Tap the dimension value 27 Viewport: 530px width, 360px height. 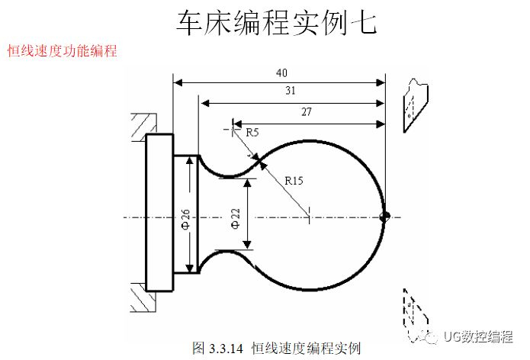coord(307,112)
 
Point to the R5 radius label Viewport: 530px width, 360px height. coord(252,132)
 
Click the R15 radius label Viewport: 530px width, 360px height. coord(294,181)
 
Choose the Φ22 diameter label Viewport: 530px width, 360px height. coord(236,218)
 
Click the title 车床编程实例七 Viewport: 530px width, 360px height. coord(276,24)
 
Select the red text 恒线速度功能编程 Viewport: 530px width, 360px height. coord(62,51)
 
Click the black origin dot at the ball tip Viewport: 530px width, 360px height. coord(384,216)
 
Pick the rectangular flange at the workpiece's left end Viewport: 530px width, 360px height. coord(157,213)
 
